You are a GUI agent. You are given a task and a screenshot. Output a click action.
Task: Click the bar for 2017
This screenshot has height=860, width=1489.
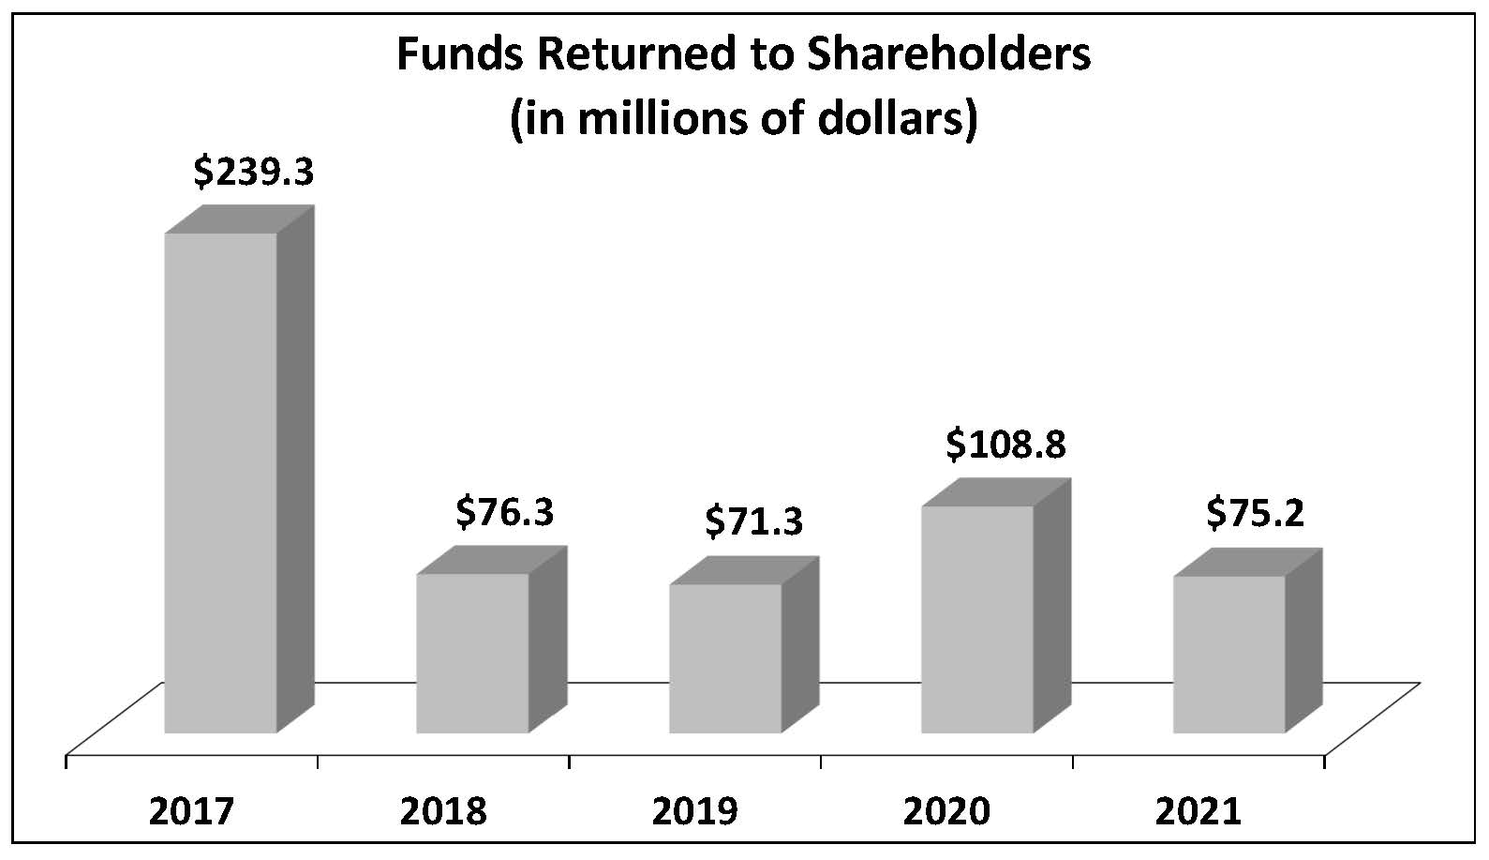click(x=221, y=482)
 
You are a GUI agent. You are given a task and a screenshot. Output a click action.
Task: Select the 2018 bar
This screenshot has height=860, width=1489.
click(x=472, y=653)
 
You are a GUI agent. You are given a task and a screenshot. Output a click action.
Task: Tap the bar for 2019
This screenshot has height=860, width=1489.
click(x=724, y=657)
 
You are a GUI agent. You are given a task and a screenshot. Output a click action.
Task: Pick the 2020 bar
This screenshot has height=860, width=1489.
click(x=976, y=619)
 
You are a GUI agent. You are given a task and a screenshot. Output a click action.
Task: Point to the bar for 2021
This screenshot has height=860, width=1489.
click(x=1228, y=654)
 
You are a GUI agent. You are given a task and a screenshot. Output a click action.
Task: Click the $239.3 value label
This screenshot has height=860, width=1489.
click(x=253, y=173)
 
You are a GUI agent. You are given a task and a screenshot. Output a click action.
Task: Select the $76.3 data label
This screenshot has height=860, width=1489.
click(x=505, y=513)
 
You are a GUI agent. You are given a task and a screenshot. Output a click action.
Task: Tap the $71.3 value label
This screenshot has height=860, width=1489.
click(x=753, y=521)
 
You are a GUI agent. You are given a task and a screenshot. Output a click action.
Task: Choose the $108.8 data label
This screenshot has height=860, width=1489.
click(x=1005, y=445)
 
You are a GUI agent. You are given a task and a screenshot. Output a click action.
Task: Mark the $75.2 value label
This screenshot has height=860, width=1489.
click(x=1255, y=513)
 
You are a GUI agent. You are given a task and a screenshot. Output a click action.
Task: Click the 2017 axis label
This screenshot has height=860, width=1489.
click(x=191, y=811)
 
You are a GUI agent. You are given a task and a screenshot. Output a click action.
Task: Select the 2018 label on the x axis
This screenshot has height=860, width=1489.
click(x=443, y=811)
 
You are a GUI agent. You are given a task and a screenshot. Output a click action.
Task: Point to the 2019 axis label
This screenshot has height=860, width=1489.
click(x=694, y=811)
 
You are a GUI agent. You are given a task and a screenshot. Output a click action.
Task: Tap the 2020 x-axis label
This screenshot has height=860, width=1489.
click(x=946, y=811)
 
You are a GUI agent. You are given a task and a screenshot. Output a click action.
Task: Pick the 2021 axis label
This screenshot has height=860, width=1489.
click(x=1198, y=811)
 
